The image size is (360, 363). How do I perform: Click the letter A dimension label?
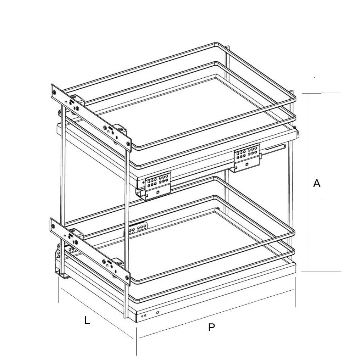[317, 183]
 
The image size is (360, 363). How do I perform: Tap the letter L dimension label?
[87, 320]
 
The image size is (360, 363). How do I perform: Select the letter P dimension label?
[211, 327]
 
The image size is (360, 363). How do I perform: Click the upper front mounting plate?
[91, 118]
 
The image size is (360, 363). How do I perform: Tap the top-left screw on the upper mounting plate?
[55, 92]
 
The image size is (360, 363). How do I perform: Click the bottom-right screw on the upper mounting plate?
[128, 144]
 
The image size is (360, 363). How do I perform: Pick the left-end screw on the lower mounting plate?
[54, 226]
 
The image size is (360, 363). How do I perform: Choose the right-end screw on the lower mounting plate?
[127, 277]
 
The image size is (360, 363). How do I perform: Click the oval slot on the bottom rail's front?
[157, 312]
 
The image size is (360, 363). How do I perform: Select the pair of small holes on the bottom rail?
[144, 315]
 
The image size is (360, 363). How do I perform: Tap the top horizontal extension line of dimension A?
[321, 93]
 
